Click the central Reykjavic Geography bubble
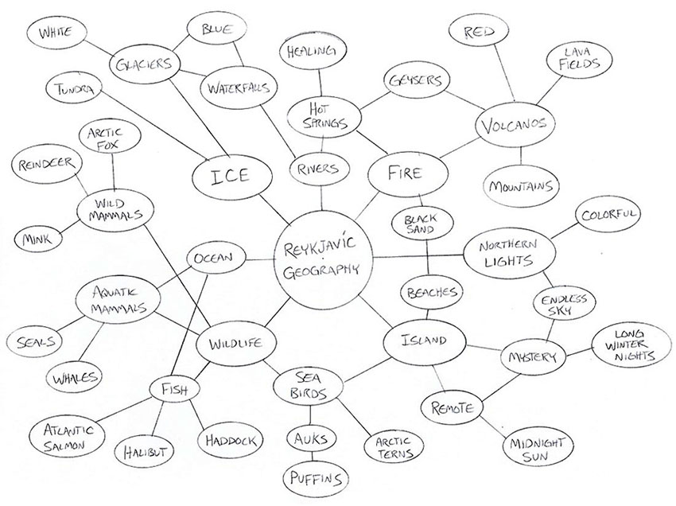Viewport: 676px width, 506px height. point(321,260)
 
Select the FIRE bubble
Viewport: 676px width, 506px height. point(406,173)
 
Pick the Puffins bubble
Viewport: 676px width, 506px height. point(317,479)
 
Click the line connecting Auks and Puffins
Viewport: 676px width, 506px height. point(314,457)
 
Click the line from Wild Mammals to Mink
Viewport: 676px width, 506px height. point(65,228)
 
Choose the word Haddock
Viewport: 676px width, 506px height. point(229,439)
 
